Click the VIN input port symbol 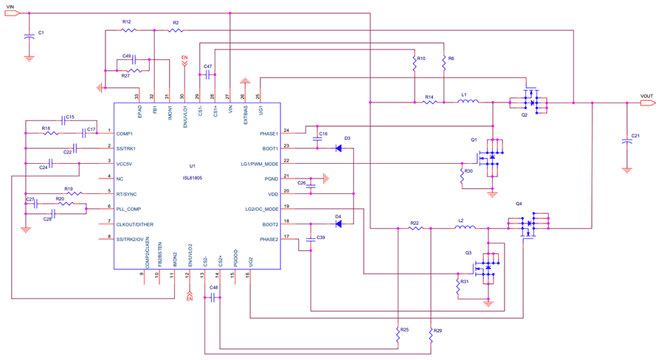12,13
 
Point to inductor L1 467,103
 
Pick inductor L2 462,229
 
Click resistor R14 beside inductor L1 429,103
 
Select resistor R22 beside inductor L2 415,229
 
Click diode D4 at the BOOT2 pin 338,224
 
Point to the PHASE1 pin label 264,134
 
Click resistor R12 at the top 128,30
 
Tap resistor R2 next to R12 176,30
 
